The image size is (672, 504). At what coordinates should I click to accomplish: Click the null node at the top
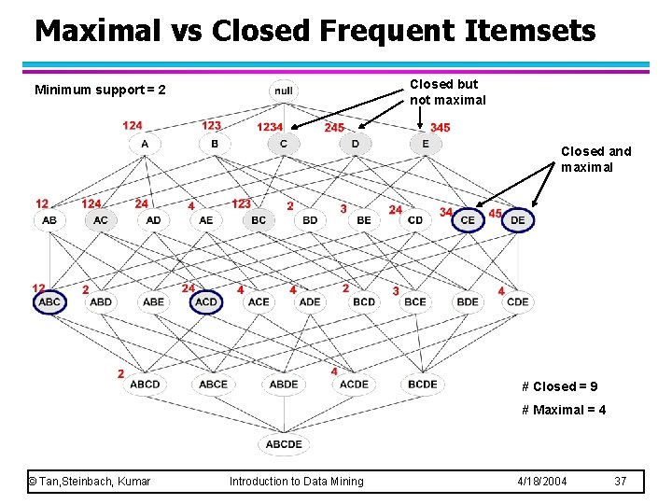[x=284, y=91]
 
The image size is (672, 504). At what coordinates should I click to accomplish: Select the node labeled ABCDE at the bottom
[x=284, y=444]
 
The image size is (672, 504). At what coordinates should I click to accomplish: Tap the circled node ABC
[x=49, y=301]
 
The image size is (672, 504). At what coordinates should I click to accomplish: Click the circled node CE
[x=468, y=219]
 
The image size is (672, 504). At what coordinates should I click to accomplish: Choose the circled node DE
[x=518, y=219]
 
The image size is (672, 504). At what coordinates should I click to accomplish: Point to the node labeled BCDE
[x=423, y=384]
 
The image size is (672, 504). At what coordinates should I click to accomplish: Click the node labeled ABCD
[x=145, y=384]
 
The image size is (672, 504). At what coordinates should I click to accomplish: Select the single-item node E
[x=426, y=144]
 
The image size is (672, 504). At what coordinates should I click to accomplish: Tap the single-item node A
[x=145, y=144]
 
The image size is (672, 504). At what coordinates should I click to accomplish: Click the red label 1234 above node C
[x=270, y=127]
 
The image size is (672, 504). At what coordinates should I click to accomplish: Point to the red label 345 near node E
[x=440, y=127]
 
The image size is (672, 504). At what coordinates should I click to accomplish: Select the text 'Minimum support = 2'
[x=100, y=91]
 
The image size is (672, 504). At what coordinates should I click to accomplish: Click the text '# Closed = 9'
[x=560, y=386]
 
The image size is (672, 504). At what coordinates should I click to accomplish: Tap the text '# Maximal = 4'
[x=564, y=410]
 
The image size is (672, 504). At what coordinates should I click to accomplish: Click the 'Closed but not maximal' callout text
[x=448, y=91]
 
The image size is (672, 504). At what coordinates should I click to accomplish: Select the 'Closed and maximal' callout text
[x=595, y=159]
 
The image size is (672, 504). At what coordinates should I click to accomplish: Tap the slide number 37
[x=621, y=481]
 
